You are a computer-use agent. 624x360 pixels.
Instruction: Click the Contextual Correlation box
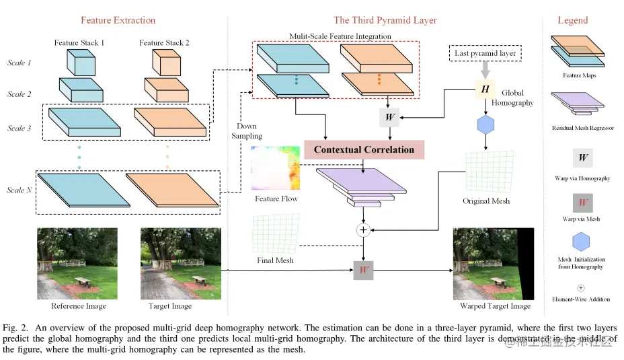pyautogui.click(x=364, y=149)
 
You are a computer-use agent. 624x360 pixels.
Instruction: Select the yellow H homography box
pyautogui.click(x=483, y=89)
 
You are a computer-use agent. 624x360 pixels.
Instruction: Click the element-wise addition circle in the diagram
pyautogui.click(x=364, y=230)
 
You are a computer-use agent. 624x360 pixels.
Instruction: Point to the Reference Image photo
pyautogui.click(x=78, y=263)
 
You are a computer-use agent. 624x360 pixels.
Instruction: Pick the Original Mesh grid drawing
pyautogui.click(x=486, y=172)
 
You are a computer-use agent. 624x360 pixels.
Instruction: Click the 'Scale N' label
pyautogui.click(x=19, y=190)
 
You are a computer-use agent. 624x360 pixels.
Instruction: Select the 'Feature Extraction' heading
pyautogui.click(x=118, y=20)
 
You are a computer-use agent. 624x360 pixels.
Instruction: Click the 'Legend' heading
pyautogui.click(x=572, y=20)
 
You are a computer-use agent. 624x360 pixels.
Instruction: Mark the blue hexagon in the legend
pyautogui.click(x=582, y=243)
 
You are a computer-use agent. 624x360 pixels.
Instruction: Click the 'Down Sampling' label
pyautogui.click(x=249, y=131)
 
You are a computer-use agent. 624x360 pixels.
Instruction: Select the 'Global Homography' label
pyautogui.click(x=512, y=98)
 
